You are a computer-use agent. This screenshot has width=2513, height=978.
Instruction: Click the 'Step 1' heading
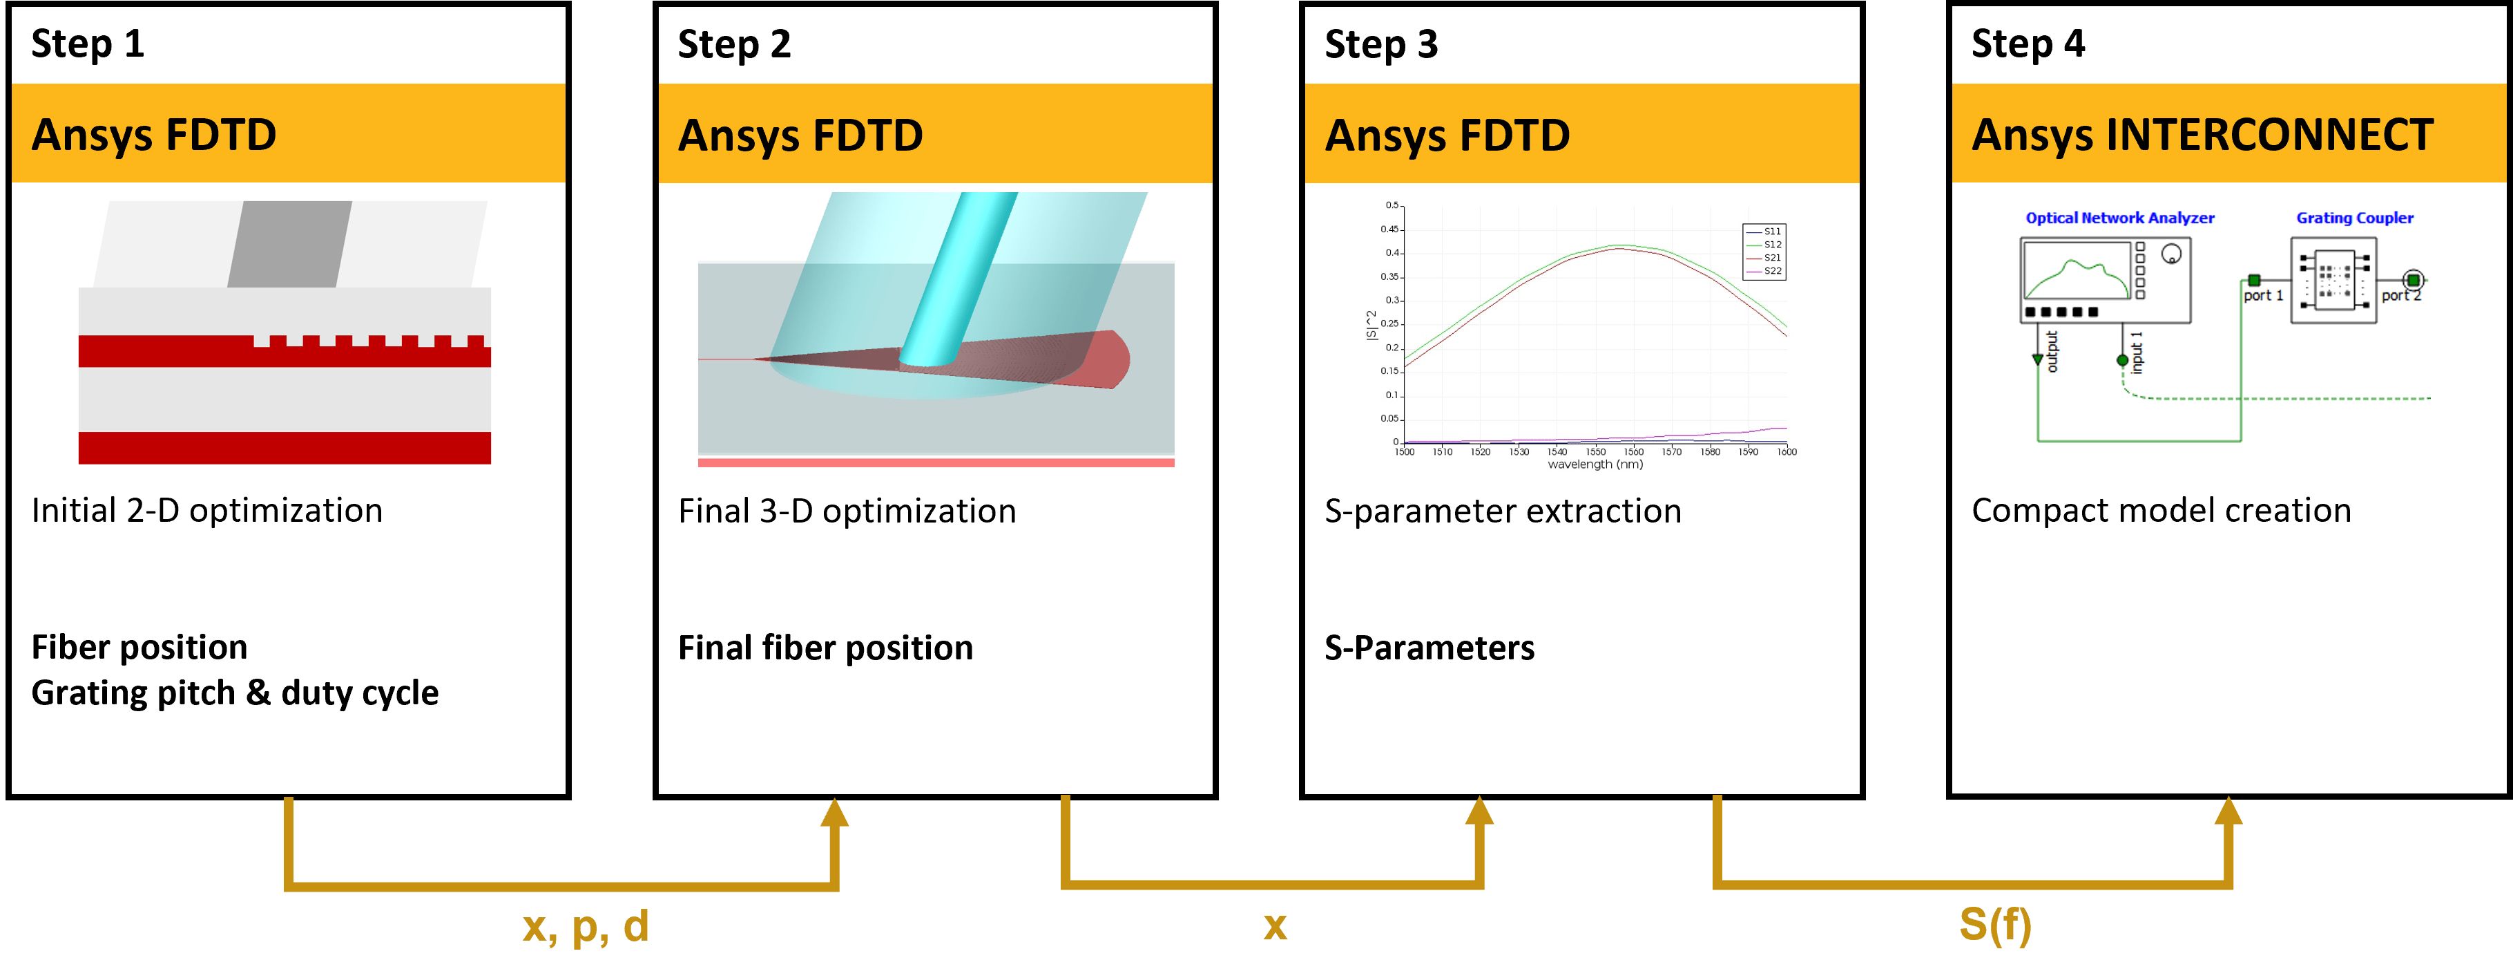click(x=88, y=44)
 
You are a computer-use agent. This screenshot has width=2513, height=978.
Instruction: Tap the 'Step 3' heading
click(x=1380, y=45)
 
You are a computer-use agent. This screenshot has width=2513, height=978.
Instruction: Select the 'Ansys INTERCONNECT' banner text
click(x=2202, y=135)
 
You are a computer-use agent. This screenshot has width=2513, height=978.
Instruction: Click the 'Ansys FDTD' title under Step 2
click(x=800, y=135)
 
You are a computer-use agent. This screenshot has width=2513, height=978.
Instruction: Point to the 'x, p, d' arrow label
click(x=586, y=925)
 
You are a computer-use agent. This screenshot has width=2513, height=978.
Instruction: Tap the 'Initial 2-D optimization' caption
click(x=206, y=511)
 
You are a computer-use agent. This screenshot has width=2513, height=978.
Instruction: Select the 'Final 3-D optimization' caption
click(x=847, y=511)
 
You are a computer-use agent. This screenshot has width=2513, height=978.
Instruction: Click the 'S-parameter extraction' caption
click(x=1502, y=511)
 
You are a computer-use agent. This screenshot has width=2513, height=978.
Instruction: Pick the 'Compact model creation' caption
click(x=2161, y=511)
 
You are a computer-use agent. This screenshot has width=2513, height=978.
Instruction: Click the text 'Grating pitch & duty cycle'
click(x=234, y=693)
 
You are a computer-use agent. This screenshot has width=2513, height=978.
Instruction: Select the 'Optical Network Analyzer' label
click(x=2120, y=218)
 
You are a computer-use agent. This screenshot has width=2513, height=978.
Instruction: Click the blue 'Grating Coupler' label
click(x=2354, y=218)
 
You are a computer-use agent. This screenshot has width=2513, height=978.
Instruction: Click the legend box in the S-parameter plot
click(x=1764, y=252)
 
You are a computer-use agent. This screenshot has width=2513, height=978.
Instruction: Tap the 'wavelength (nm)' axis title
click(x=1595, y=464)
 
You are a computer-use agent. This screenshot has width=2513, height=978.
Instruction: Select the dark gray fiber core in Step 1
click(x=290, y=244)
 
